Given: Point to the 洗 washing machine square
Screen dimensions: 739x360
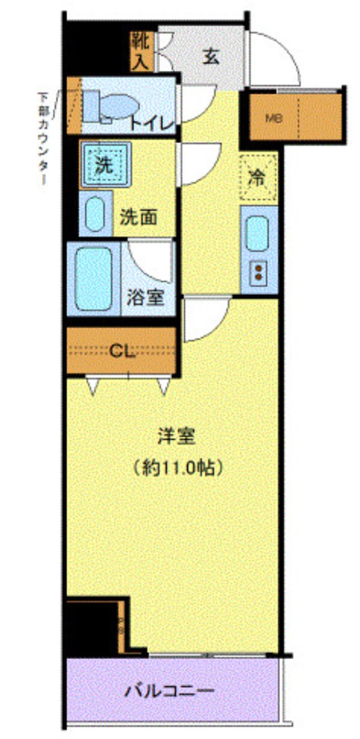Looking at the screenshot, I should coord(105,166).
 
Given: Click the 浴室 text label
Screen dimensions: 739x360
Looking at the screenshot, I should coord(145,297).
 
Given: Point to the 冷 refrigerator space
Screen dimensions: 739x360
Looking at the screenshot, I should coord(258,178).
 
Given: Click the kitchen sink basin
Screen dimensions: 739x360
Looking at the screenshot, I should coord(258,235).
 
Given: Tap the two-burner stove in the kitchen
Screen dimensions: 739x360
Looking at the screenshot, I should coord(259,272).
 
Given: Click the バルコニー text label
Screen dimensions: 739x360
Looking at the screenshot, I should coord(169,692).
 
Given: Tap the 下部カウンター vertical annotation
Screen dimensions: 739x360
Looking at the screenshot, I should coord(43,139).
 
